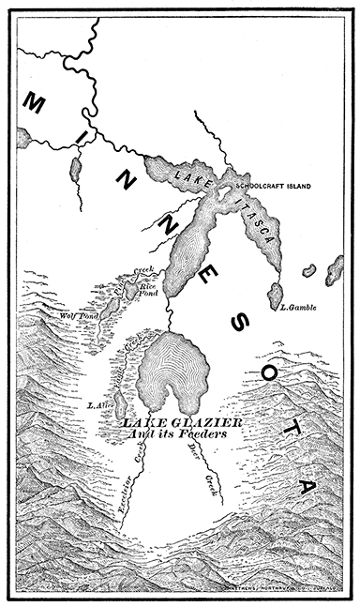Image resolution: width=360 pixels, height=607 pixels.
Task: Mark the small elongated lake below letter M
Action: pyautogui.click(x=73, y=170)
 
